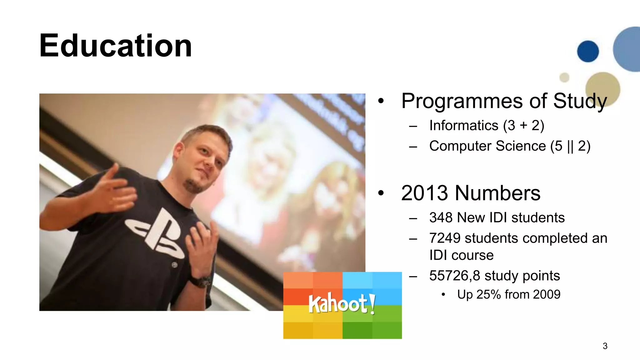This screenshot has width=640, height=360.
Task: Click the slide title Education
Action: (115, 46)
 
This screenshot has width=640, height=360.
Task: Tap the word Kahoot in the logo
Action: (337, 303)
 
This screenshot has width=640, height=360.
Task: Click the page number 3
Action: (605, 346)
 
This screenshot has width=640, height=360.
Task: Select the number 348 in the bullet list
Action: (441, 217)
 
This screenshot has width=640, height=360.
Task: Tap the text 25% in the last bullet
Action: (488, 294)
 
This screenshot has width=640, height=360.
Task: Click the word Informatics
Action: (463, 126)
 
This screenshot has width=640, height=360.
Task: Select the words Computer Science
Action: (487, 146)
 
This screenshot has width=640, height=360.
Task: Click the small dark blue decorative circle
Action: (588, 51)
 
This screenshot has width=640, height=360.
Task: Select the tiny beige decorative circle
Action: (564, 77)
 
